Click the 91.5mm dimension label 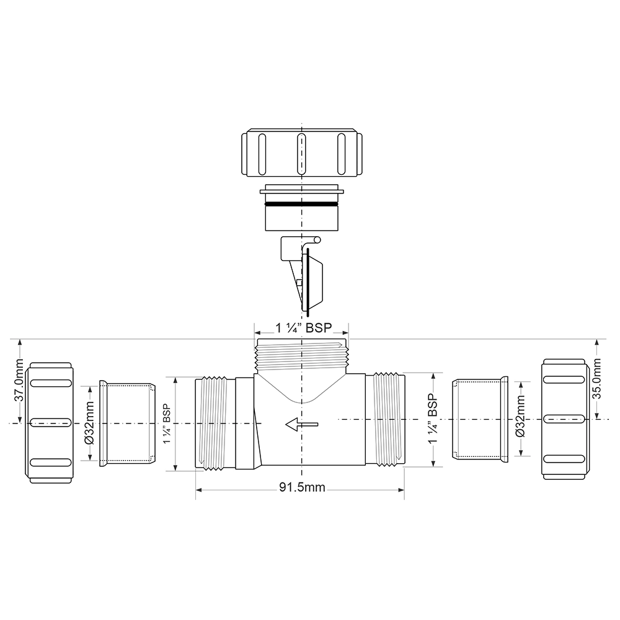pyautogui.click(x=301, y=487)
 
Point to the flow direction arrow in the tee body pyautogui.click(x=301, y=424)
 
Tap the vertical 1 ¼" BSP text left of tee pyautogui.click(x=167, y=424)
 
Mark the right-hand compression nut pyautogui.click(x=564, y=419)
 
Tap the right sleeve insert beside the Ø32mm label pyautogui.click(x=479, y=419)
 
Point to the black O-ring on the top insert pyautogui.click(x=301, y=203)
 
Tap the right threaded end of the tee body pyautogui.click(x=386, y=418)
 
